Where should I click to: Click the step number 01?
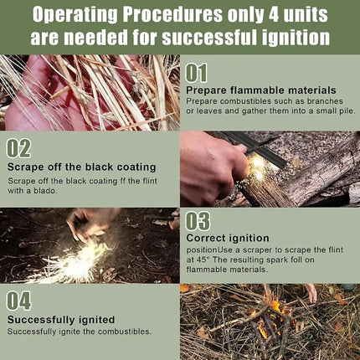click(x=196, y=73)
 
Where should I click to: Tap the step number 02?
click(x=18, y=149)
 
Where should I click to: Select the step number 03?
click(x=198, y=221)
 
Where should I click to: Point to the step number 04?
click(x=18, y=301)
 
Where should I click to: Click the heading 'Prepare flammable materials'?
click(x=261, y=90)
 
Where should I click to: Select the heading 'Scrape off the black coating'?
click(x=82, y=167)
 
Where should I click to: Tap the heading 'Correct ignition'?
click(x=228, y=238)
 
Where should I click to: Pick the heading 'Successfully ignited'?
click(x=61, y=320)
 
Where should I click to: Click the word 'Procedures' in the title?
click(x=172, y=14)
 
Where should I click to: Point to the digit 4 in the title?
click(x=274, y=14)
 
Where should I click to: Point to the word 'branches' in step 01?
click(x=325, y=101)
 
